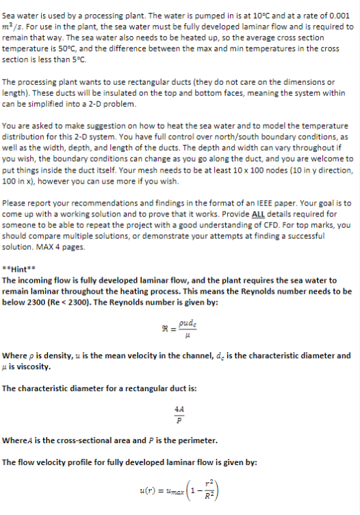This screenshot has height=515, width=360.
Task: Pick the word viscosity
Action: tap(31, 366)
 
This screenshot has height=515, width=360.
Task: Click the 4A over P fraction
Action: tap(179, 415)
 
